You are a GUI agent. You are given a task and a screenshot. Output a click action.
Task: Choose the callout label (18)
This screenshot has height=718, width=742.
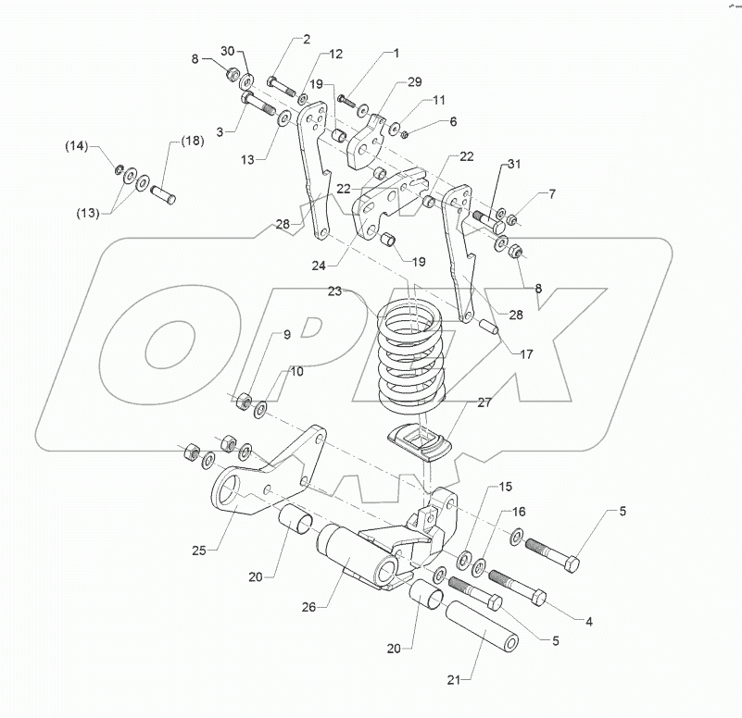click(192, 141)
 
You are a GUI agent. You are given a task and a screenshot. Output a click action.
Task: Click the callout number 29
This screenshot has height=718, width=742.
click(415, 82)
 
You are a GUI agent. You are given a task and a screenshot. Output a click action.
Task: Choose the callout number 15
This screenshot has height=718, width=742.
click(505, 487)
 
